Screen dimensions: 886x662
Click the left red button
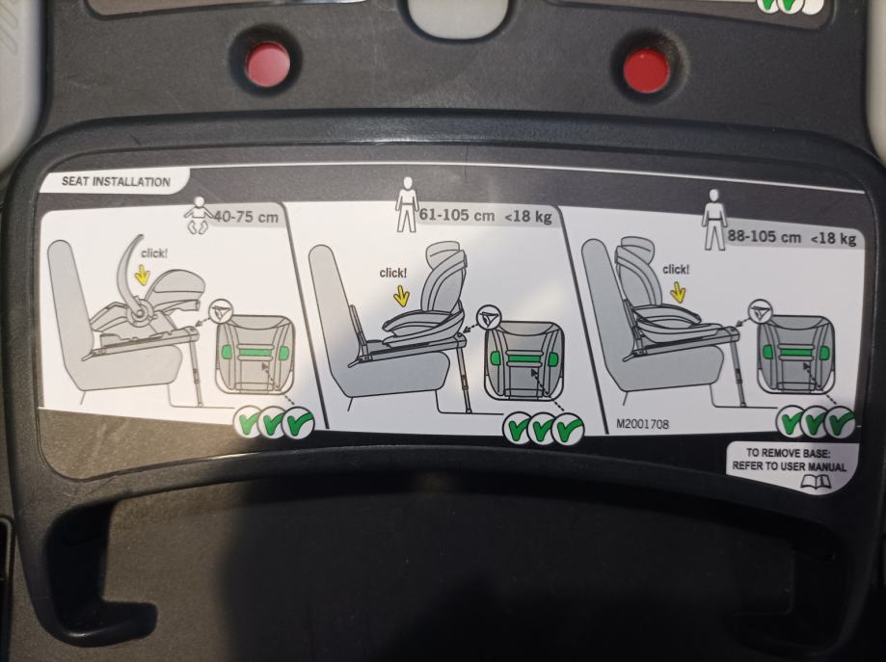pos(267,64)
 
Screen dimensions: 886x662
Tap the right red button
pos(648,70)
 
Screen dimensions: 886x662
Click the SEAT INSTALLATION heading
pos(116,181)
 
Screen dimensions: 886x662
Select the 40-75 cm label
pos(246,217)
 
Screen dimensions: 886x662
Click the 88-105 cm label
pos(764,236)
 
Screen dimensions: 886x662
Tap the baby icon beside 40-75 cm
pos(199,216)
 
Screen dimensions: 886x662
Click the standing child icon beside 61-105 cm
pos(406,204)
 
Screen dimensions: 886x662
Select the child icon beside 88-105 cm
pos(714,219)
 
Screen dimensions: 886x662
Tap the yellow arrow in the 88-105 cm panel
pos(678,291)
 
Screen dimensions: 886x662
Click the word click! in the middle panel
pos(392,273)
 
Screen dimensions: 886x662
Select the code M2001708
pos(642,423)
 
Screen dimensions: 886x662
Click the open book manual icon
pos(816,482)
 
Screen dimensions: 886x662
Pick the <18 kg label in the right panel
pos(834,238)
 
